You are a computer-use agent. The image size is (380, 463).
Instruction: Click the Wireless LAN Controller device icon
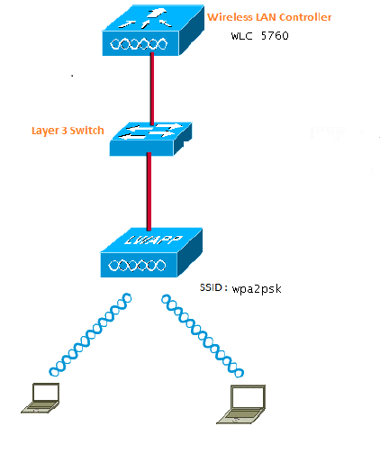[153, 31]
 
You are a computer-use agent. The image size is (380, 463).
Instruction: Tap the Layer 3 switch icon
[150, 139]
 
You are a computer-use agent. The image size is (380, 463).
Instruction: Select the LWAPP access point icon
[151, 252]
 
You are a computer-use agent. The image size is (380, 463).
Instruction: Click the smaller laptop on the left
[41, 398]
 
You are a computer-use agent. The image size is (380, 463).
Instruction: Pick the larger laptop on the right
[241, 404]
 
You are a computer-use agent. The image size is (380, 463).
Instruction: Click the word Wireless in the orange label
[230, 17]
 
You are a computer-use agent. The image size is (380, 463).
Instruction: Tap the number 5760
[275, 36]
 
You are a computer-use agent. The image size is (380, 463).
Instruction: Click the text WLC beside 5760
[241, 36]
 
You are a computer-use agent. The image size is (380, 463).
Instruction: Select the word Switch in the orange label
[86, 131]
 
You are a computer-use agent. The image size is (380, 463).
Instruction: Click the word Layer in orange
[45, 132]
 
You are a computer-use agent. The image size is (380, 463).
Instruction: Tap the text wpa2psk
[257, 289]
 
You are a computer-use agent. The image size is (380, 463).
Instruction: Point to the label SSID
[211, 287]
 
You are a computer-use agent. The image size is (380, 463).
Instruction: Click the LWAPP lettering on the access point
[153, 239]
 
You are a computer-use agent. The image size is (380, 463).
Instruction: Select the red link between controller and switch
[152, 89]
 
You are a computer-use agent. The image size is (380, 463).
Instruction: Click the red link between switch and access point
[149, 191]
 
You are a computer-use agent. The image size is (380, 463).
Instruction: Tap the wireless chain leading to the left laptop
[90, 334]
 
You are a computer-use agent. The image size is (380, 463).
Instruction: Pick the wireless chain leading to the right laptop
[203, 336]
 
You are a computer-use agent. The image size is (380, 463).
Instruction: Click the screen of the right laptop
[248, 397]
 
